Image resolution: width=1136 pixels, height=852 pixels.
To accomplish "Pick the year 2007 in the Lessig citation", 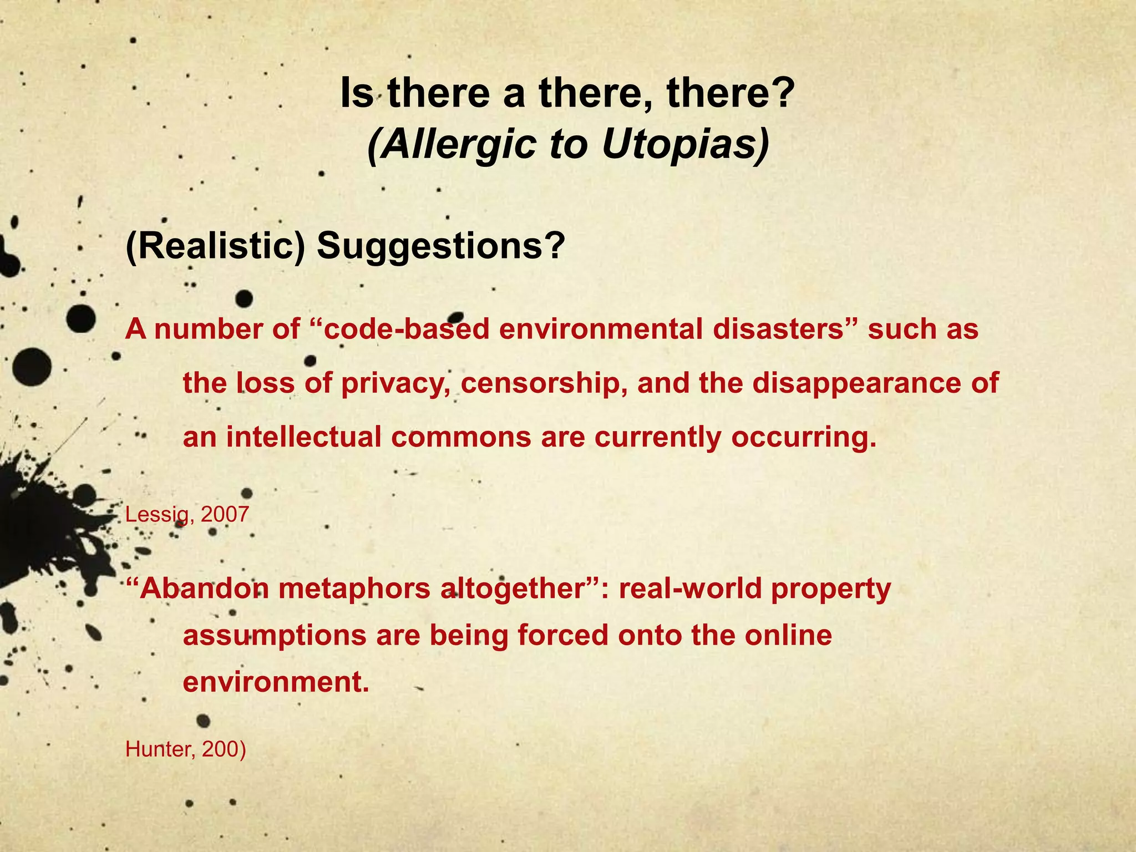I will [x=225, y=515].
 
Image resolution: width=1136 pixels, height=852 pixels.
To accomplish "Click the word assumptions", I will [x=275, y=635].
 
